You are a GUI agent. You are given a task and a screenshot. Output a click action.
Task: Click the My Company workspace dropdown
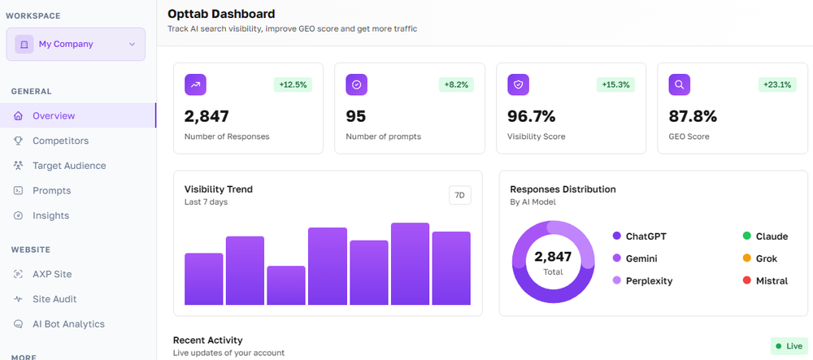tap(75, 44)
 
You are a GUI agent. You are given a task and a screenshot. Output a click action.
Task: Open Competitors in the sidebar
tap(60, 141)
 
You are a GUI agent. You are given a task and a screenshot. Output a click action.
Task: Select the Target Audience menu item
tap(69, 166)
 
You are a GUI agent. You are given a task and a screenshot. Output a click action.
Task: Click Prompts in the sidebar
tap(51, 191)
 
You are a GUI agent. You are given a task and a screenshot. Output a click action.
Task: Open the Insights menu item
tap(50, 215)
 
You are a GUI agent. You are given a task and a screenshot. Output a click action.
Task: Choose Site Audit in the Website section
tap(54, 299)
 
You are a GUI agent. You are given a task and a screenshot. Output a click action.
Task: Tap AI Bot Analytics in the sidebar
tap(68, 324)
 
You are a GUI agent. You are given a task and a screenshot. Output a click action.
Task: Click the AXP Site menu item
tap(52, 274)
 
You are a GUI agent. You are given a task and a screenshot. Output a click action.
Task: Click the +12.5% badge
tap(293, 85)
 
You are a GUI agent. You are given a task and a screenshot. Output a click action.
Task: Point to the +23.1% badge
tap(776, 85)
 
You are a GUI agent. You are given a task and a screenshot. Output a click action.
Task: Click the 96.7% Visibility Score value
tap(531, 116)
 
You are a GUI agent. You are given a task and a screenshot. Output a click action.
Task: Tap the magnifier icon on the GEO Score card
tap(680, 85)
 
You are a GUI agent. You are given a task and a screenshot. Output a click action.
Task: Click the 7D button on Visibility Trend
tap(459, 195)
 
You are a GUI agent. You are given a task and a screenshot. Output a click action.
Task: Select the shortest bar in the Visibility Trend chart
tap(286, 285)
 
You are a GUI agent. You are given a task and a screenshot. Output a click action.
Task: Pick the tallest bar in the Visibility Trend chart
tap(410, 264)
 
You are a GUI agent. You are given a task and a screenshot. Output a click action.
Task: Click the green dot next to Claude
tap(746, 236)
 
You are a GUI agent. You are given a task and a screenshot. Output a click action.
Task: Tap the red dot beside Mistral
tap(746, 280)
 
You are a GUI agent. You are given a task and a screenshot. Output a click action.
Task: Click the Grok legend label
tap(766, 258)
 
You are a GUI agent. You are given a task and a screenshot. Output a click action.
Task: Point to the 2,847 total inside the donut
tap(553, 257)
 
